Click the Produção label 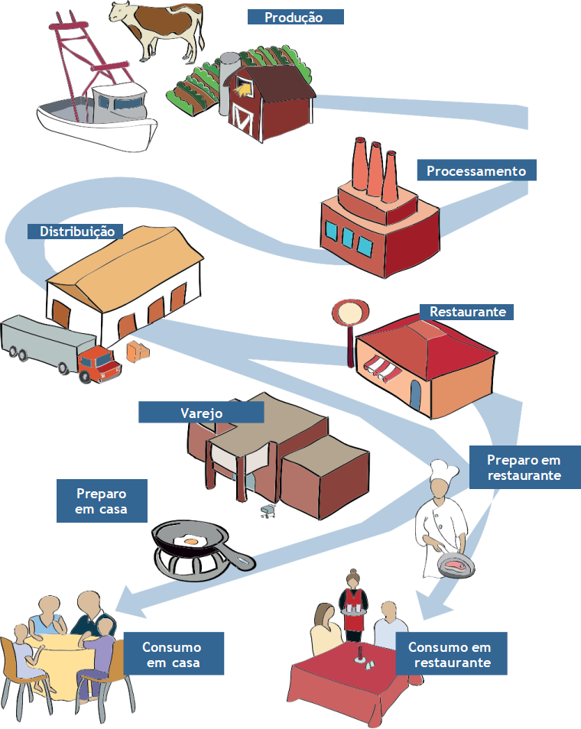coord(295,18)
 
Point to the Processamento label coord(476,170)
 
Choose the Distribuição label coord(76,231)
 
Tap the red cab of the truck coord(99,364)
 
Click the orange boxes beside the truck coord(138,352)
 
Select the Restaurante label coord(466,312)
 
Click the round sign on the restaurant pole coord(351,313)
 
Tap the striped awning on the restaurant coord(381,368)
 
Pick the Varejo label coord(201,413)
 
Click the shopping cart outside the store coord(268,511)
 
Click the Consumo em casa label coord(172,654)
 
